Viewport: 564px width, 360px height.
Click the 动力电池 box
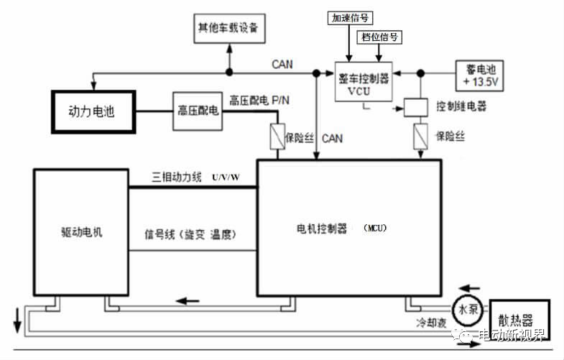(91, 111)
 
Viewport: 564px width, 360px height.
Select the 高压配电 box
(198, 111)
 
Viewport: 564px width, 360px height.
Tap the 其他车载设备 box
(228, 29)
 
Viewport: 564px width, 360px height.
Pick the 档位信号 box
(379, 35)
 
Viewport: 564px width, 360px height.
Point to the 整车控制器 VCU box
(364, 85)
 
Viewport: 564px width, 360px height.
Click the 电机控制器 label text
(321, 229)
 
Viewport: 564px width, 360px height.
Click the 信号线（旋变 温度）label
(190, 235)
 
